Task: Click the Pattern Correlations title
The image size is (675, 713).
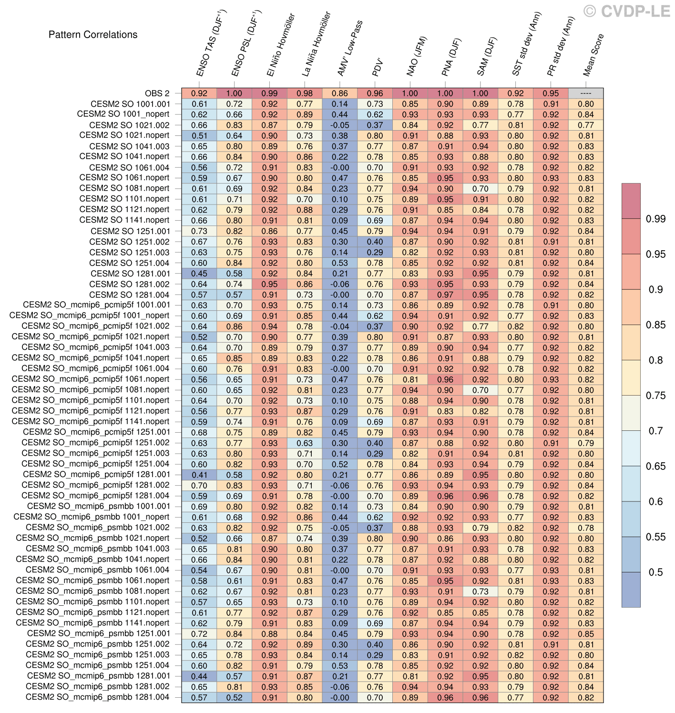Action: [x=93, y=35]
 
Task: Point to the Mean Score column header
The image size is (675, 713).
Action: [x=593, y=55]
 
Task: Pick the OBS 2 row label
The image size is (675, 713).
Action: [x=157, y=93]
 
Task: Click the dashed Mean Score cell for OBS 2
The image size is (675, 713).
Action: [x=586, y=93]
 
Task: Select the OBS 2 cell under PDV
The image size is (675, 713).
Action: [x=375, y=93]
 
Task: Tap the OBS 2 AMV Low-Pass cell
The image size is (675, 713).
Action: [x=340, y=93]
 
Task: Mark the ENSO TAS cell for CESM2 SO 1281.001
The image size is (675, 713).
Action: [x=199, y=274]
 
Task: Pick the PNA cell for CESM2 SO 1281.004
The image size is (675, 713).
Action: [x=445, y=295]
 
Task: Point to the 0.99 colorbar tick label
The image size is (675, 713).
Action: [x=656, y=219]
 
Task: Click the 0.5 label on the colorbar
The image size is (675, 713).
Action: [x=656, y=572]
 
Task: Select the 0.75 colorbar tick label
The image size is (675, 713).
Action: [x=656, y=396]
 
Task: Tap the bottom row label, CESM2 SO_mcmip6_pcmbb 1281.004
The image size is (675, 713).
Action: [x=97, y=697]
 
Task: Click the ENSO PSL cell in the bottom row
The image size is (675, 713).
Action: [x=234, y=698]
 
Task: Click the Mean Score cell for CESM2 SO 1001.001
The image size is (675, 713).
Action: [x=586, y=104]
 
